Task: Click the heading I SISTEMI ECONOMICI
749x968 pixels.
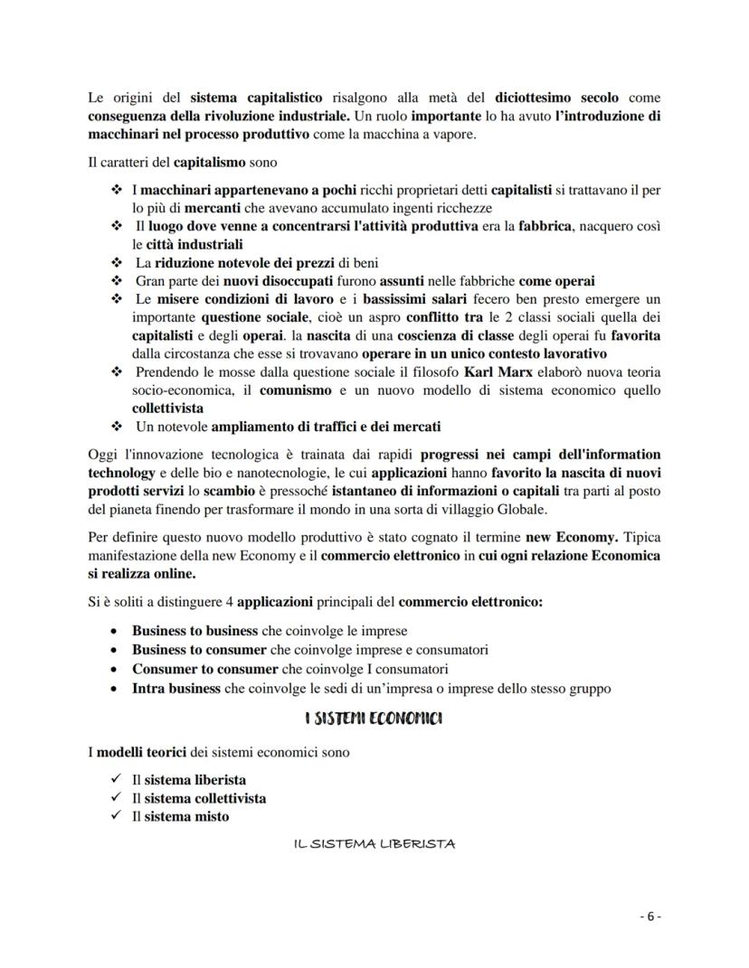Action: point(374,719)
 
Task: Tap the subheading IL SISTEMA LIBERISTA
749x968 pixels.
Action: point(374,843)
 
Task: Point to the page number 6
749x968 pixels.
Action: point(650,916)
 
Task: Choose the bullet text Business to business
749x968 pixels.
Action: point(194,630)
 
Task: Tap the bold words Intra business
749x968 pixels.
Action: point(176,688)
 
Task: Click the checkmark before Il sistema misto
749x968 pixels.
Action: point(114,816)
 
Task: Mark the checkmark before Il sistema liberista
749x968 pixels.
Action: point(114,778)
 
